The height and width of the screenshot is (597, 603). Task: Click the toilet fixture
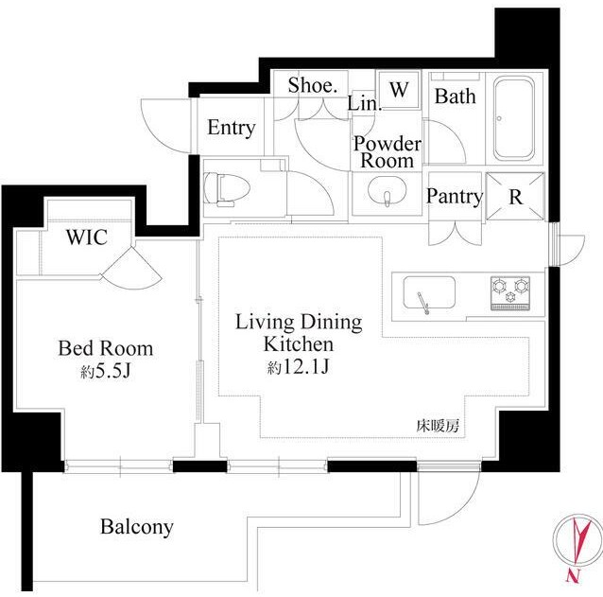[227, 189]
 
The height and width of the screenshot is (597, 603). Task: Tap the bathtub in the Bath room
[514, 118]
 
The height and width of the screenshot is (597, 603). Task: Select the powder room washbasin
[387, 191]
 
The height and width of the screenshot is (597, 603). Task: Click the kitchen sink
[429, 293]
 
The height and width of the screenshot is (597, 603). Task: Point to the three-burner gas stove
[510, 293]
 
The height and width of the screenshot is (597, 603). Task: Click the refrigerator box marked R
[515, 197]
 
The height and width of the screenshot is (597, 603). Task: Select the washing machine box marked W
[399, 90]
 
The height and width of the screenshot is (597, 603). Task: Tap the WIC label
[87, 237]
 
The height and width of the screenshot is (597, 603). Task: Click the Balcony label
[136, 527]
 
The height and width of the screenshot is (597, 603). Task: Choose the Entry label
[232, 128]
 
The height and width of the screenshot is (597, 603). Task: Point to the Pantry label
[455, 197]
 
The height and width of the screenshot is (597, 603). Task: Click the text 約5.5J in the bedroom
[106, 372]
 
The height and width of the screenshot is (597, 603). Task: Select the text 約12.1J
[298, 367]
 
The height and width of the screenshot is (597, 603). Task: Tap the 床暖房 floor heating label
[438, 426]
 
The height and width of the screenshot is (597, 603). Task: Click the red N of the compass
[573, 576]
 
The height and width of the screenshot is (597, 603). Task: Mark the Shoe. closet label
[313, 85]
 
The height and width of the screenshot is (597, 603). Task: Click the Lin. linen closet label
[365, 103]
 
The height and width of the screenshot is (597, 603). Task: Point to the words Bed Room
[106, 348]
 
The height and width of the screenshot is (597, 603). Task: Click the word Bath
[455, 97]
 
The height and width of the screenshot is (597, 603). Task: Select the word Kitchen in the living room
[299, 344]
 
